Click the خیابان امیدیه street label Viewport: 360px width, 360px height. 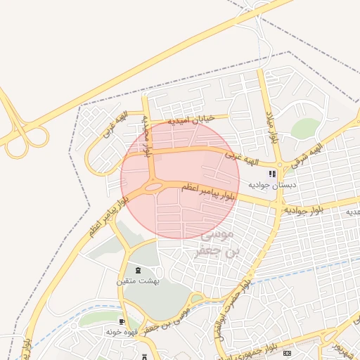tap(189, 120)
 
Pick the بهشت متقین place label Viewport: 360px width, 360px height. tap(138, 281)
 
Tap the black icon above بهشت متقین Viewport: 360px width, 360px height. tap(138, 270)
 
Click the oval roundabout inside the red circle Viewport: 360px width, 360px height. tap(152, 188)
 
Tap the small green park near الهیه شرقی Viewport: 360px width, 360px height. tap(305, 128)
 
